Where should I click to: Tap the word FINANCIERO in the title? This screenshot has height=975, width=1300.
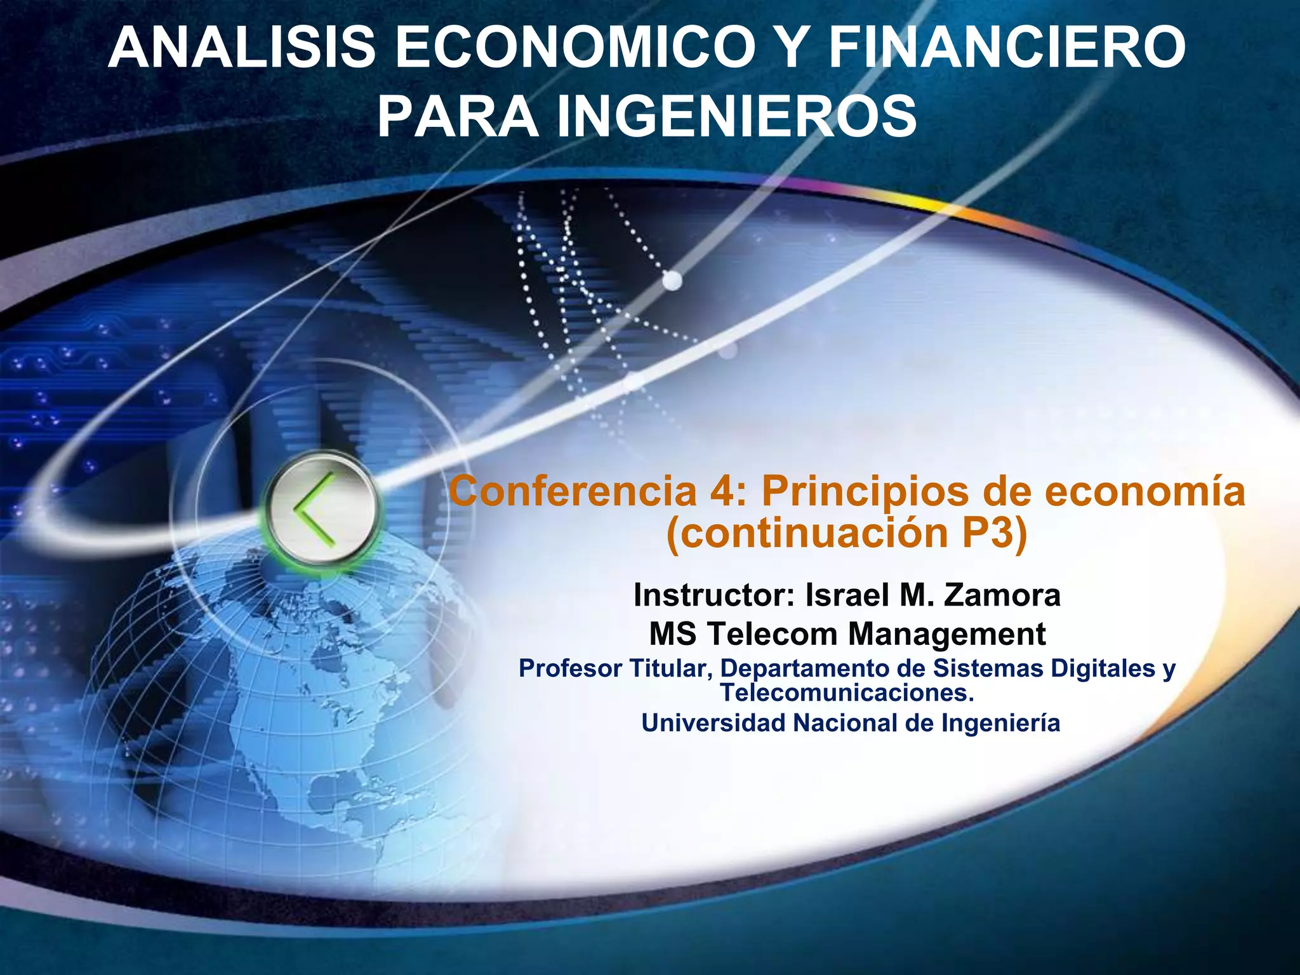1007,48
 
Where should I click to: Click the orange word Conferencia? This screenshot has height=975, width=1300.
572,491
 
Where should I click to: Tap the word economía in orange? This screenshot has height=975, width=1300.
1145,491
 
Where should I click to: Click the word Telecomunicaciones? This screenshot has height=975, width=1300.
847,693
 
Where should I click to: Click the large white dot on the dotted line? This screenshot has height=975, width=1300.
672,280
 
